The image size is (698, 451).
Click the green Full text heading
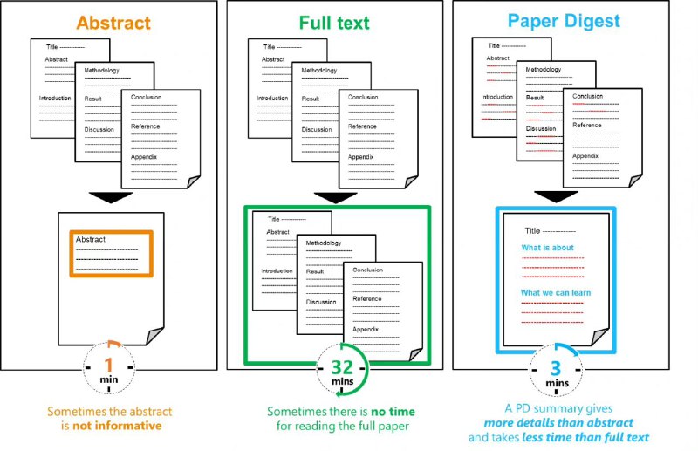335,22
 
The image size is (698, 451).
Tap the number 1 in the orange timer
109,364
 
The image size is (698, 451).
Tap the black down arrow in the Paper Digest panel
555,195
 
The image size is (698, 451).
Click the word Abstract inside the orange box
91,239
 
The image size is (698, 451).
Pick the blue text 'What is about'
547,248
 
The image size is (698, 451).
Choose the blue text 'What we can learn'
555,292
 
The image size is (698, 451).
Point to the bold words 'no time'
391,411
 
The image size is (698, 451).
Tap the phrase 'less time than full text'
602,437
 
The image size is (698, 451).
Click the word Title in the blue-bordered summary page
532,231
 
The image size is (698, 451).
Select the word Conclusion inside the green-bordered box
368,270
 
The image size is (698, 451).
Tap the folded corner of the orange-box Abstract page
154,336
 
